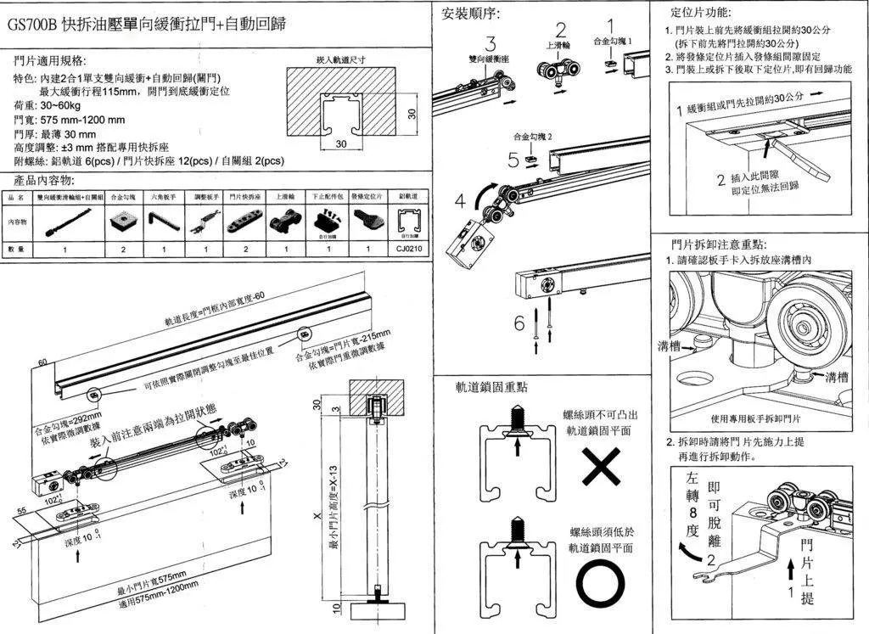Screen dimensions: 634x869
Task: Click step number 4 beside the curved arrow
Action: pyautogui.click(x=460, y=201)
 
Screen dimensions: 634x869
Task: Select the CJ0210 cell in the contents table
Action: pyautogui.click(x=408, y=250)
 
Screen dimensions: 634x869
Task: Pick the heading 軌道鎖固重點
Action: pyautogui.click(x=491, y=387)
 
